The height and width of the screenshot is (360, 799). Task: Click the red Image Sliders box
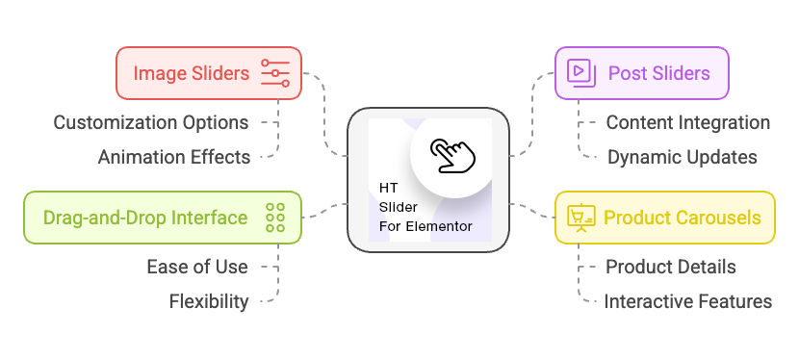click(209, 73)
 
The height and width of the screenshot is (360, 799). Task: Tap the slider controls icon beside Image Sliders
click(275, 73)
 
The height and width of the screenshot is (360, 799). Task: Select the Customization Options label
click(151, 122)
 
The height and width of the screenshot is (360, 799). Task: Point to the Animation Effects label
click(174, 157)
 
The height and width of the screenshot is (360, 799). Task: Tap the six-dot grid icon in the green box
click(275, 217)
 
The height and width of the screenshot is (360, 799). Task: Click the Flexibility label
click(209, 301)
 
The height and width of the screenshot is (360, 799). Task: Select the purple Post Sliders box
click(641, 73)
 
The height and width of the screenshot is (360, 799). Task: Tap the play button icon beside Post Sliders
click(579, 73)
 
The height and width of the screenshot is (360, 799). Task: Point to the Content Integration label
click(687, 122)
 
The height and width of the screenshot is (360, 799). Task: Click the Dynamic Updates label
click(682, 157)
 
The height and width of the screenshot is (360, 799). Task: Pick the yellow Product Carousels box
click(664, 217)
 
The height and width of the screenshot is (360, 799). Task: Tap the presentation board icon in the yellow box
click(580, 217)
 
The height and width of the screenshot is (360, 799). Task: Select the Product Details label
click(670, 267)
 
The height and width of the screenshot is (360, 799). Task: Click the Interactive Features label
click(687, 301)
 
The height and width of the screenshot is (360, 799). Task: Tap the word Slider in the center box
click(393, 208)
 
